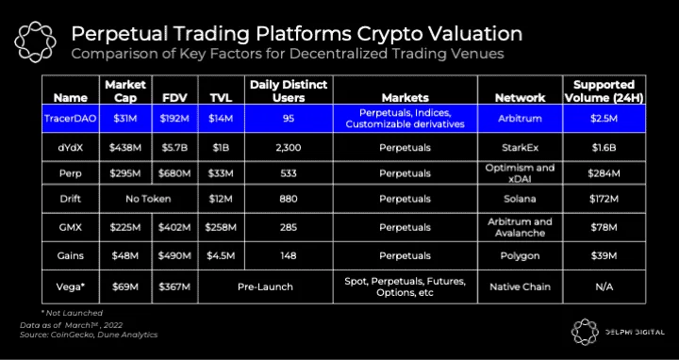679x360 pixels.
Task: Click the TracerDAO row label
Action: pos(70,118)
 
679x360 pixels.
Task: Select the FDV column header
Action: pos(175,97)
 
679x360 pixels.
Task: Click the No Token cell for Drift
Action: pos(148,199)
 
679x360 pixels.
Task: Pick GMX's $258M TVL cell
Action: pos(221,228)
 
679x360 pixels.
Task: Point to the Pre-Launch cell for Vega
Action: pos(265,286)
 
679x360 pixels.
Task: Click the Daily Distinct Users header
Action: pos(289,90)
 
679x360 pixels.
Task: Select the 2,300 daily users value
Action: pos(289,148)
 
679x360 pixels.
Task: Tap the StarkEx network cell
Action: pos(520,148)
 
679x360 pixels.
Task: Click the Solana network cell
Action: pos(520,199)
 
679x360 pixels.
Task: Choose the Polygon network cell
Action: pos(520,255)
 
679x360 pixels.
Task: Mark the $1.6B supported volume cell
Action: pos(604,148)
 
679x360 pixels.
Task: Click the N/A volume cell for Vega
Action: pos(604,286)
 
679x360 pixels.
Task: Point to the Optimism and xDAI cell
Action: pos(520,172)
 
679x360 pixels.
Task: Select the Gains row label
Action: pos(70,255)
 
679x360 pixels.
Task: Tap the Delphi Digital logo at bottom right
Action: pos(618,333)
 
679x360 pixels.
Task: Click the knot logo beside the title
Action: pos(35,42)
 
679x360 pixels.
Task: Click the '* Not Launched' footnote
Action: pos(73,312)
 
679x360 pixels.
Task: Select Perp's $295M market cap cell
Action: pos(125,173)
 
